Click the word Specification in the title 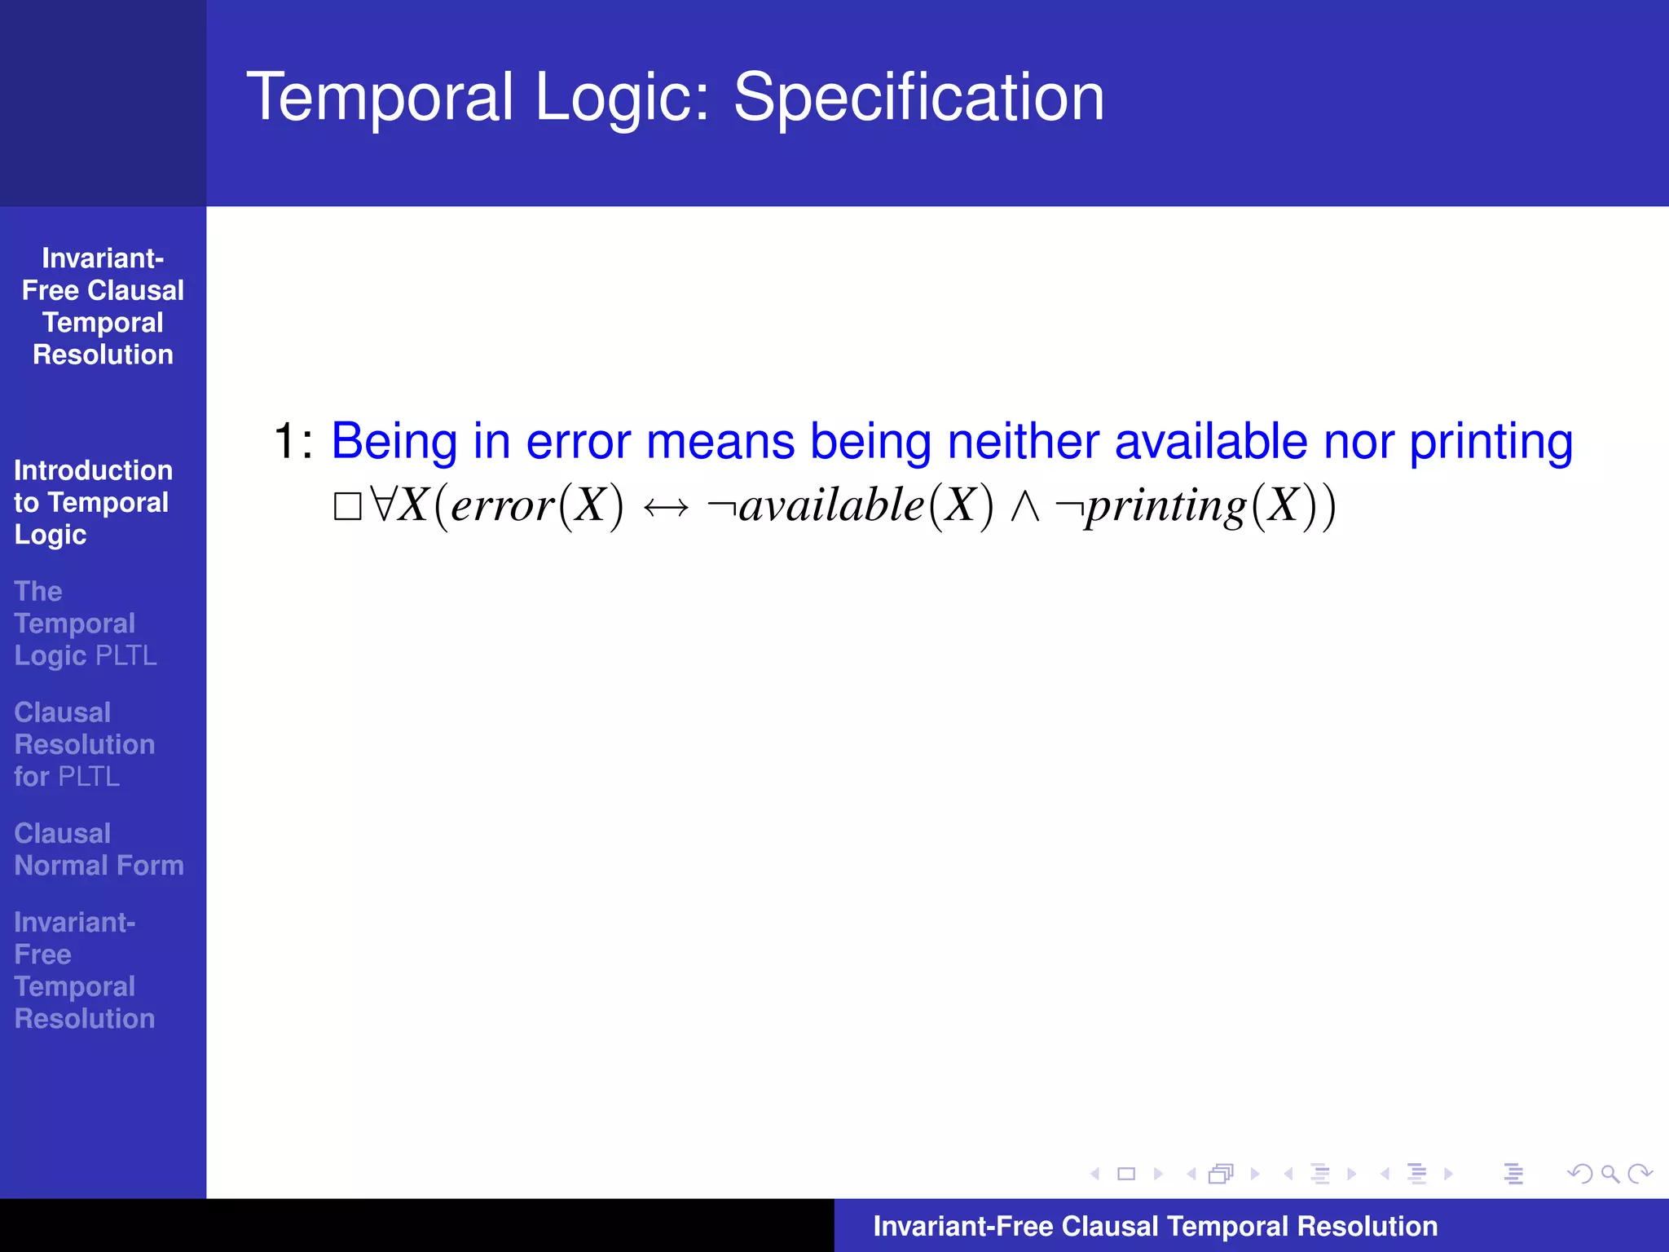[918, 98]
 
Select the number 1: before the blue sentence [293, 442]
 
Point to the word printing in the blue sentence [1491, 442]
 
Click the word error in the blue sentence [578, 442]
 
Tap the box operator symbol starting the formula [347, 506]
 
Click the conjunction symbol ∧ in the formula [1024, 506]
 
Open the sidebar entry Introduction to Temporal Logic [92, 502]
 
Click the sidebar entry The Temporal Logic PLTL [85, 624]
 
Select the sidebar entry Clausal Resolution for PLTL [84, 744]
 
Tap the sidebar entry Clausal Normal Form [98, 849]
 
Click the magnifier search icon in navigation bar [1610, 1174]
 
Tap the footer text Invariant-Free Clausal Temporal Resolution [1155, 1226]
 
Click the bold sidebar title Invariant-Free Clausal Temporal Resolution [103, 306]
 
